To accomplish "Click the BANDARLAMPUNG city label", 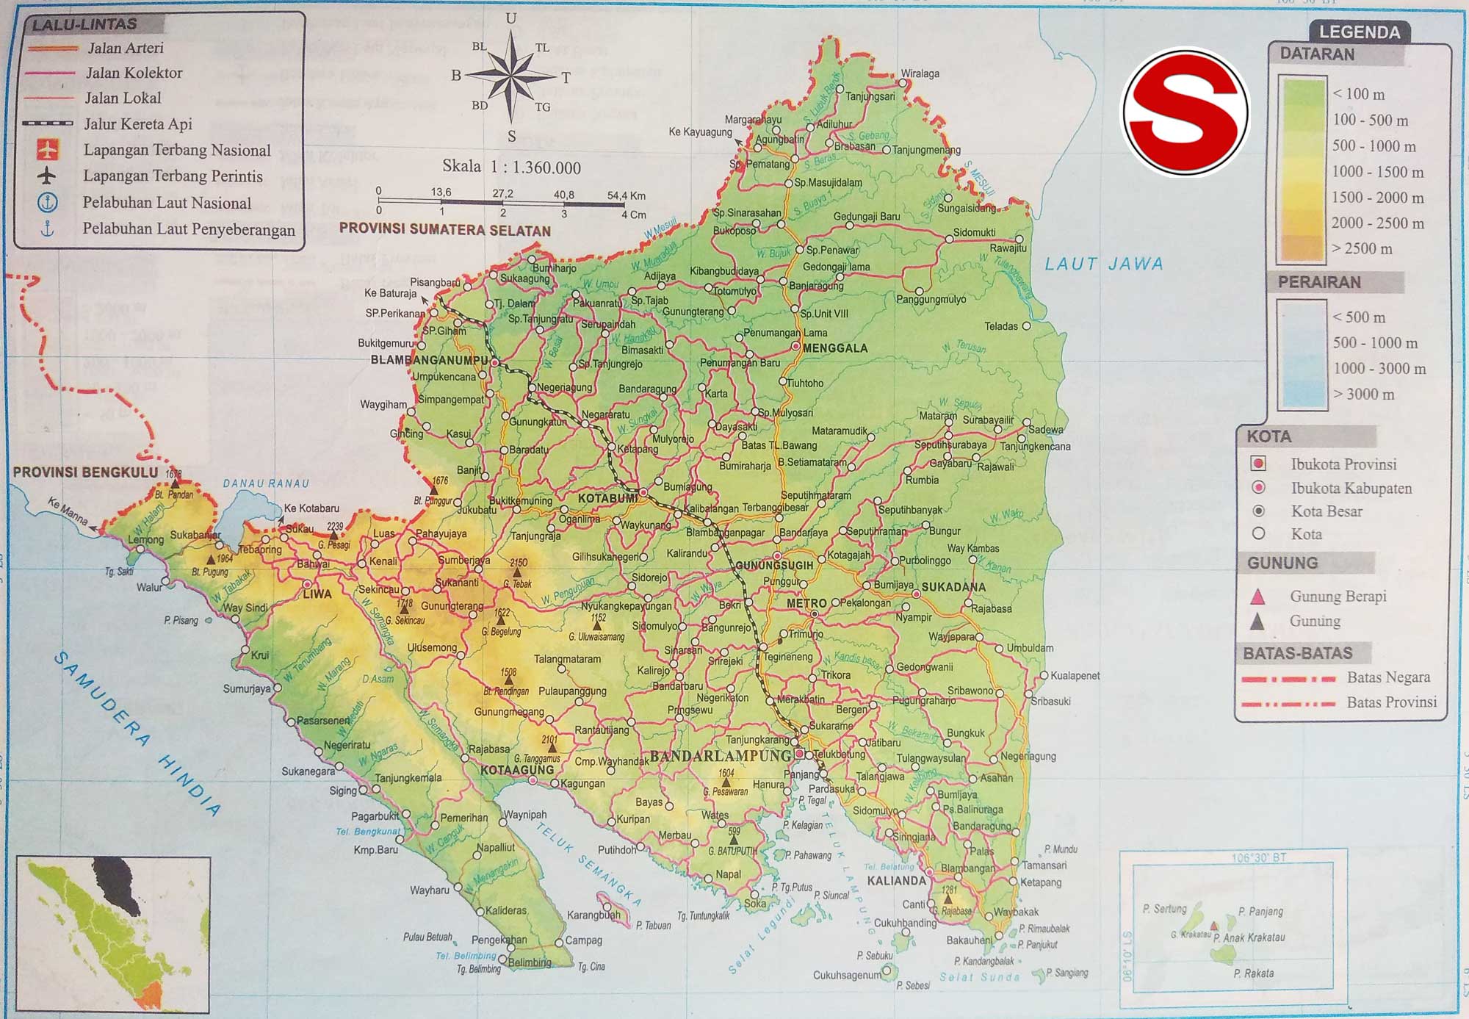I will [x=720, y=757].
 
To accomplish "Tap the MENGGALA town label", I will [x=835, y=348].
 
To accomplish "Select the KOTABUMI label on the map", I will [x=607, y=499].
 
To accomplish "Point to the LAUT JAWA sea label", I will [x=1104, y=264].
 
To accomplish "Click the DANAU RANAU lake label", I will [x=266, y=483].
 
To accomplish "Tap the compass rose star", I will [x=511, y=76].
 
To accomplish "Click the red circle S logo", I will [x=1185, y=112].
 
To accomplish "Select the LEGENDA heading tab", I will [x=1359, y=32].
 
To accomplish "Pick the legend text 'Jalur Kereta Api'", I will [x=137, y=124].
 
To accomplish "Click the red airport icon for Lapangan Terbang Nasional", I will [x=47, y=150].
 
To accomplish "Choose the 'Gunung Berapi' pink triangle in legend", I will [x=1257, y=597].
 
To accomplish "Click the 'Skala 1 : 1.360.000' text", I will [x=511, y=168].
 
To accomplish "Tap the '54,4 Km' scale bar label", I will [x=626, y=195].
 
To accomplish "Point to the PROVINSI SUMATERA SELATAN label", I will [x=444, y=229].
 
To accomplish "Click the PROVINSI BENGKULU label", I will [x=85, y=472].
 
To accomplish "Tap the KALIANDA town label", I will [x=896, y=880].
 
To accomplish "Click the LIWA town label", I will [x=317, y=594].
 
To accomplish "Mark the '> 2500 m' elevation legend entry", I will [x=1362, y=248].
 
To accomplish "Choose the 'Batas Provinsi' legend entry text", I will [x=1391, y=702].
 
